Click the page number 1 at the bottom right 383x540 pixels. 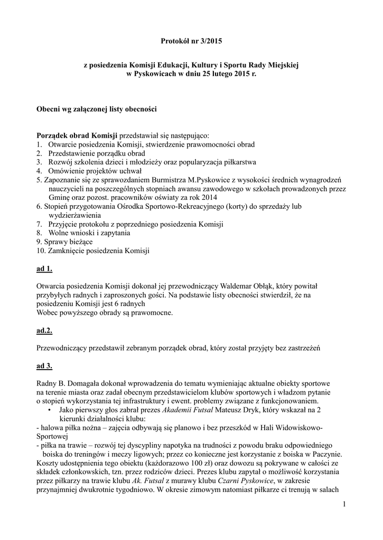click(x=344, y=506)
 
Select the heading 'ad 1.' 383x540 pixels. click(x=44, y=269)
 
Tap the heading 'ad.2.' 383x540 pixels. click(x=44, y=331)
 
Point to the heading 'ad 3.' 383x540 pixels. click(x=44, y=365)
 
